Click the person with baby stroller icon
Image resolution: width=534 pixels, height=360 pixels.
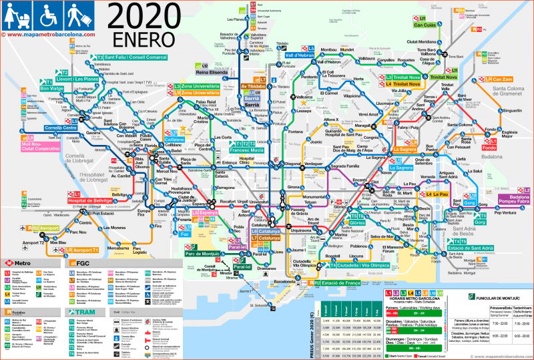[x=17, y=13]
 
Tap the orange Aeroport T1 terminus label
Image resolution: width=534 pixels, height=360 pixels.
[x=85, y=250]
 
